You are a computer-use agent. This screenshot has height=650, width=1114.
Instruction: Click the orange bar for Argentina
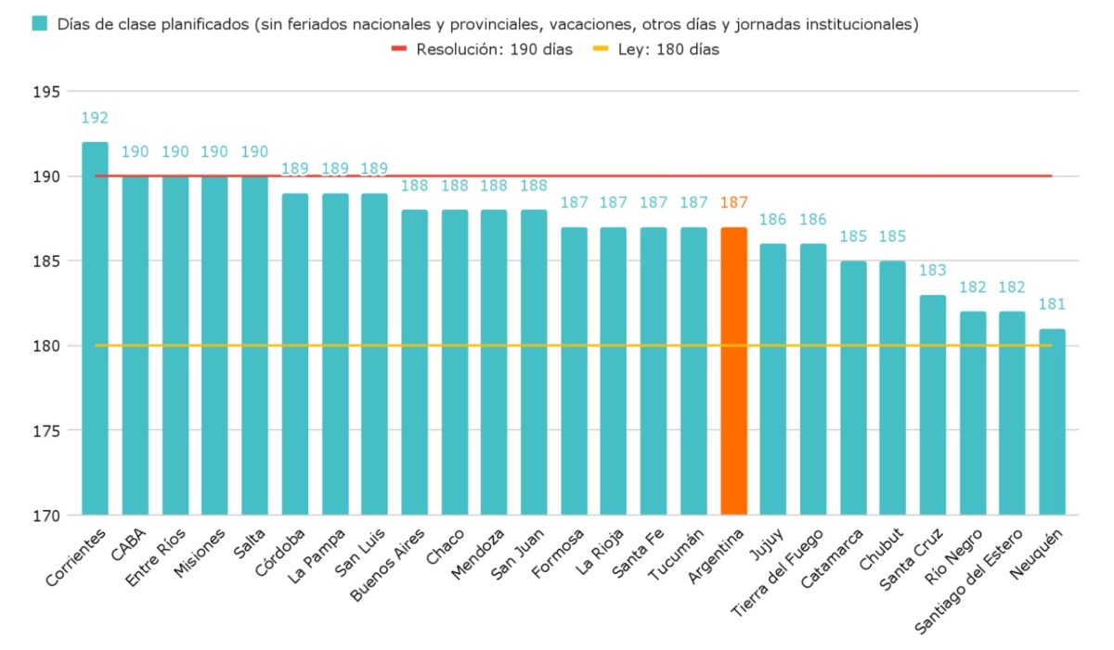[x=733, y=371]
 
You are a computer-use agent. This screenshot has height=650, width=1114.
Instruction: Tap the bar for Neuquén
[x=1052, y=422]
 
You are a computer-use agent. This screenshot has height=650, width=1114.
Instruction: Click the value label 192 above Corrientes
[x=95, y=118]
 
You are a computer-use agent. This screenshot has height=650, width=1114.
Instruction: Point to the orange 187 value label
[x=733, y=203]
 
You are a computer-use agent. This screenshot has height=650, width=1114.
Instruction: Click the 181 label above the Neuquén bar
[x=1052, y=304]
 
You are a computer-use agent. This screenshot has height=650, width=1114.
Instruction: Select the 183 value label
[x=932, y=271]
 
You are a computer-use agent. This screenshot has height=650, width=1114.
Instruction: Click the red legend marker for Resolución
[x=399, y=49]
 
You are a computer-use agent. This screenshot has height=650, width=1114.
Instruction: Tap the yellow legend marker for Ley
[x=601, y=49]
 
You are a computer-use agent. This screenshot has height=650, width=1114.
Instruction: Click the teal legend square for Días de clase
[x=39, y=24]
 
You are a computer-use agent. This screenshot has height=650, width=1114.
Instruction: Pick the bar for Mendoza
[x=494, y=362]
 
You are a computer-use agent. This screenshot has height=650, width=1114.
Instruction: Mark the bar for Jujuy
[x=772, y=379]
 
